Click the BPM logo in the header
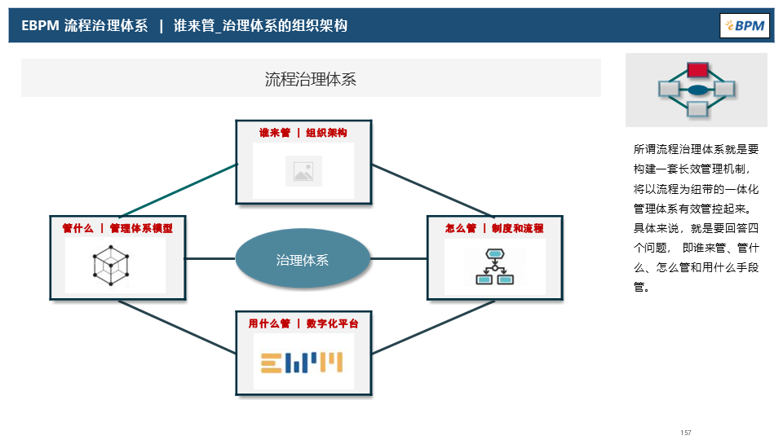(x=745, y=25)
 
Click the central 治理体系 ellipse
(x=303, y=260)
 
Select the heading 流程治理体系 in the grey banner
(x=311, y=79)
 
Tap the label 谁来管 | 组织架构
(x=303, y=133)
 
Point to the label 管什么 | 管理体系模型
(x=117, y=228)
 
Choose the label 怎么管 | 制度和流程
(x=494, y=228)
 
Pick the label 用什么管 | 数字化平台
(x=303, y=323)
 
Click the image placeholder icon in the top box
(x=303, y=171)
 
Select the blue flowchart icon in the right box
(x=494, y=266)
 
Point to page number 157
(x=685, y=432)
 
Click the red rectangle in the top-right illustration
(x=697, y=70)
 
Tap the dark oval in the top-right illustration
(x=697, y=90)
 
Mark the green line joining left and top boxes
(x=178, y=190)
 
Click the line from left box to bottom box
(x=178, y=328)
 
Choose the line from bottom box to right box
(x=432, y=328)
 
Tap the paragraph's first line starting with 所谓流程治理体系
(x=696, y=149)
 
